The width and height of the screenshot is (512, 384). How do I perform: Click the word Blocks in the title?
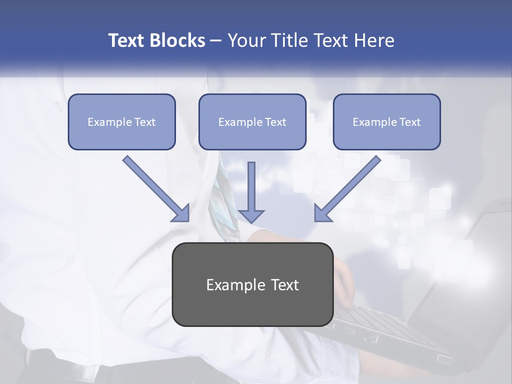(x=178, y=41)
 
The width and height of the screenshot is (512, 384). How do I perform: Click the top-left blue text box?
(x=122, y=122)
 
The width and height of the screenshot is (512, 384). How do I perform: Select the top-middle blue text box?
(x=252, y=122)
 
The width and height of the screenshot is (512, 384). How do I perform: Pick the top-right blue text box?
(x=387, y=122)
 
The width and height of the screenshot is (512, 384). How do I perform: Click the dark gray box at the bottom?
(x=252, y=284)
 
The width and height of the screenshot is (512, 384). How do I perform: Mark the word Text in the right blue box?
(x=410, y=122)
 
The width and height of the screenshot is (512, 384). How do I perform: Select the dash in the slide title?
(x=216, y=41)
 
